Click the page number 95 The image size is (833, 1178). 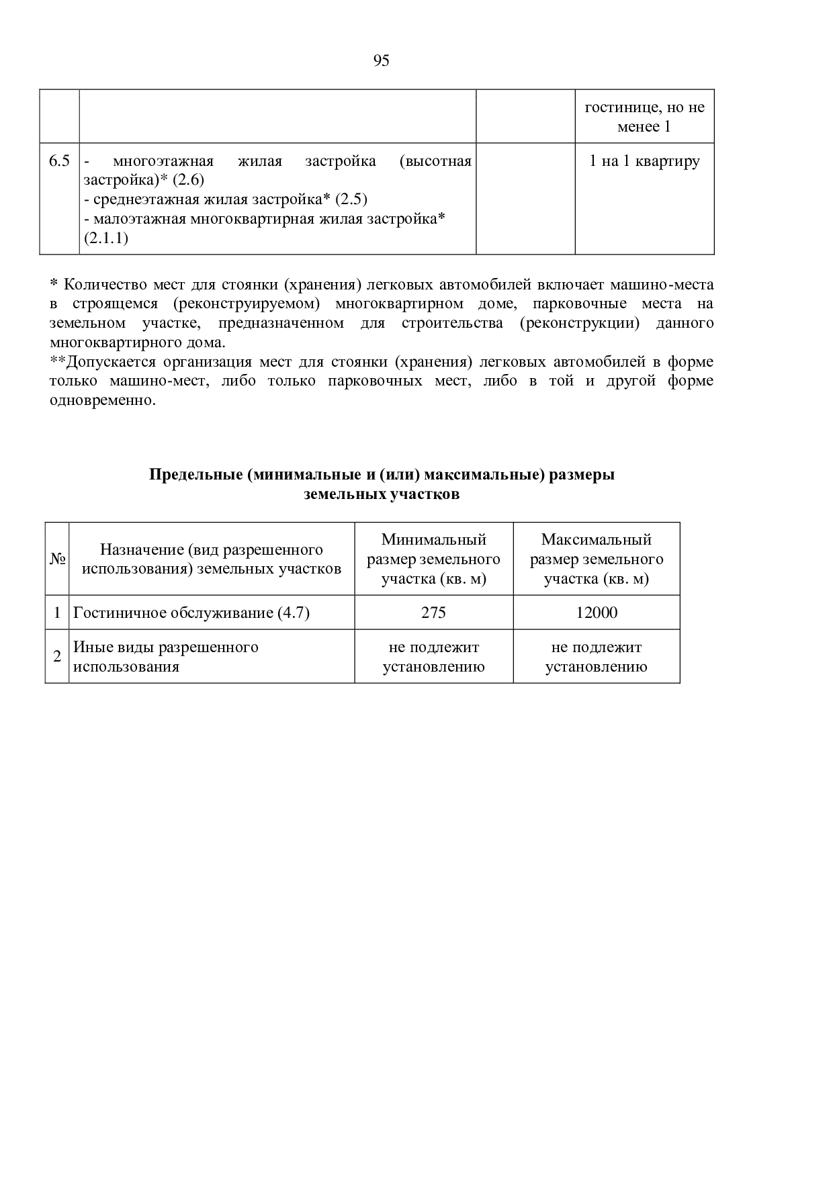pos(381,61)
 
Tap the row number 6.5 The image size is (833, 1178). pos(59,161)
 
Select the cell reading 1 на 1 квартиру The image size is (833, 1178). pos(644,161)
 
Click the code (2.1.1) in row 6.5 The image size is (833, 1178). pos(105,239)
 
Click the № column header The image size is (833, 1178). pos(57,559)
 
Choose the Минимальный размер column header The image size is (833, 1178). pos(433,559)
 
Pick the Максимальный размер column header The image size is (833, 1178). pos(596,559)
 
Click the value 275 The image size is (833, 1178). pos(433,613)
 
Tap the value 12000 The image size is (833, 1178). pos(597,613)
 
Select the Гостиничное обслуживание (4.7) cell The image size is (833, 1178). pos(191,613)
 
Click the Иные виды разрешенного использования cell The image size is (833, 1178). pos(165,657)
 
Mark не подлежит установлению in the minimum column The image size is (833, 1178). pos(433,657)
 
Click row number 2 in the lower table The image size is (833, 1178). pos(57,657)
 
